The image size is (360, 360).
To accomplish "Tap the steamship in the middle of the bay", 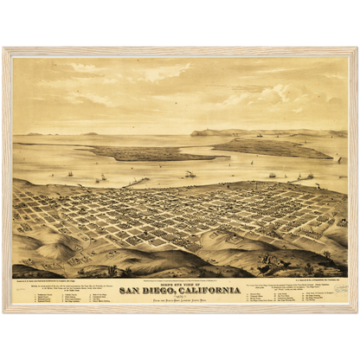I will pos(190,175).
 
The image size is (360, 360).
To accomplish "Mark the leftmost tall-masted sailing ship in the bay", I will pos(70,173).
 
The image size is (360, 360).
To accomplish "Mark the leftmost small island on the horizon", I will pos(35,134).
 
